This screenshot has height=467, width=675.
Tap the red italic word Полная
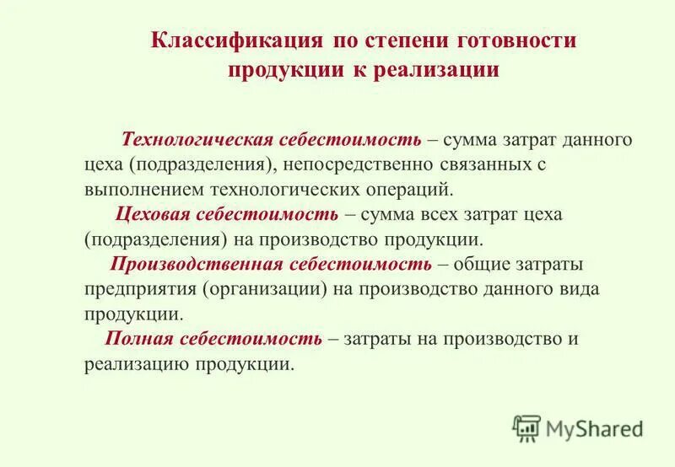click(139, 339)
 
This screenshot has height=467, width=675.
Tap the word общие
click(480, 264)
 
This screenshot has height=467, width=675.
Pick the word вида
click(579, 289)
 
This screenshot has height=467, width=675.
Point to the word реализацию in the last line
click(137, 364)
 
